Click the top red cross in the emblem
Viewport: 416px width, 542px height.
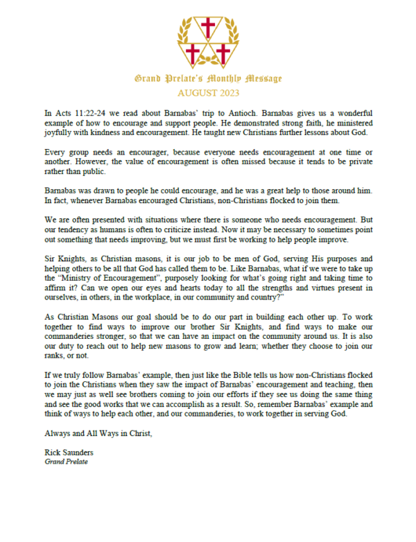coord(207,28)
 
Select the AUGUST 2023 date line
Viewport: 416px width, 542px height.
coord(207,91)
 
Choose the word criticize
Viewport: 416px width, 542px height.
coord(199,228)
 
